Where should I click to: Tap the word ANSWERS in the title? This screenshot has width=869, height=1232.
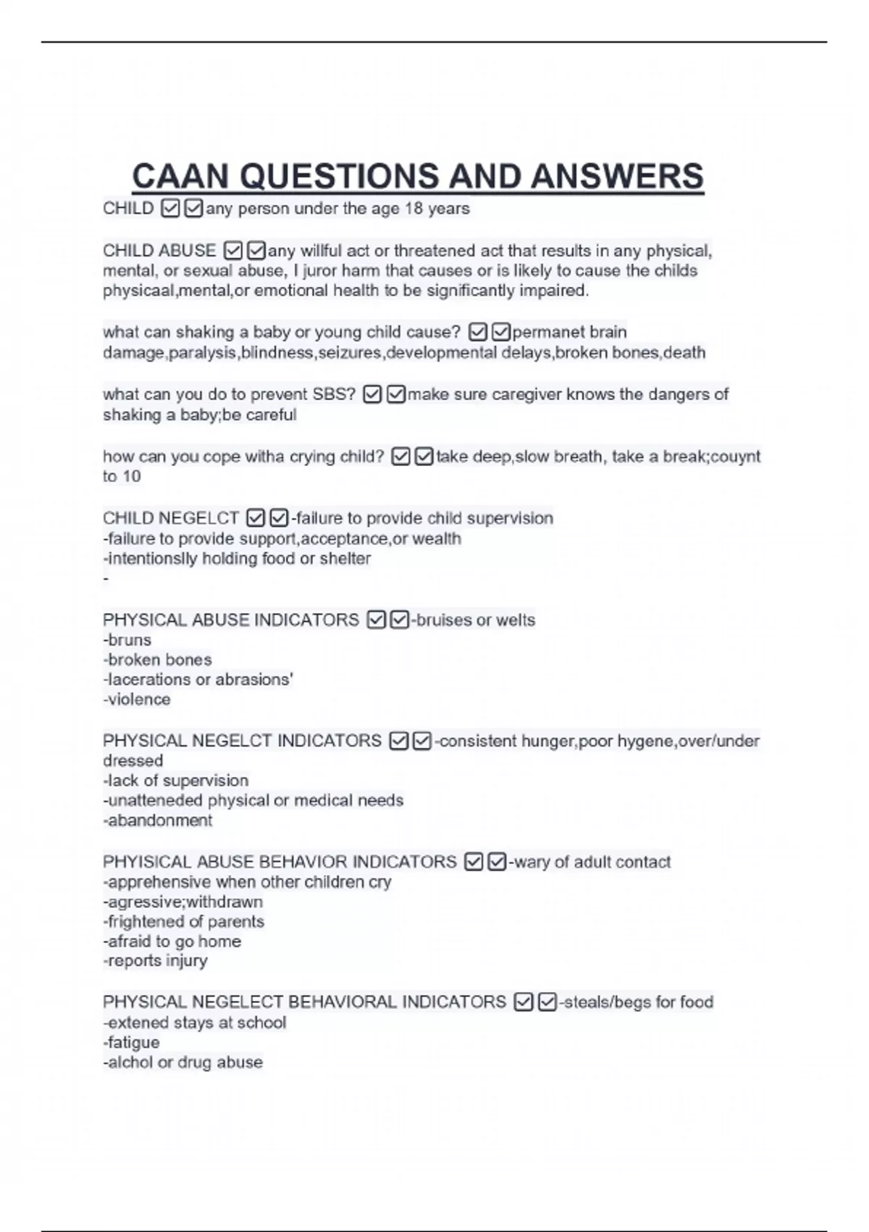(616, 177)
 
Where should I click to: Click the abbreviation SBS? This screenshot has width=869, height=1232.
(334, 394)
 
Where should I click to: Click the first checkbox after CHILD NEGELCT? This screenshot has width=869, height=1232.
(255, 518)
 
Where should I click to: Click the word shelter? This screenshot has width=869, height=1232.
(345, 559)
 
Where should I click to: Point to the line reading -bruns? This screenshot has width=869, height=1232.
(127, 640)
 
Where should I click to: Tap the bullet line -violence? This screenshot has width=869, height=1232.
(137, 699)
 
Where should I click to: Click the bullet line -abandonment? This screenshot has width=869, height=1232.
(158, 820)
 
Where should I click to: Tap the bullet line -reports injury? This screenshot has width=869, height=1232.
(155, 961)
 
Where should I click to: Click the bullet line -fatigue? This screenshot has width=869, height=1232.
(131, 1042)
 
